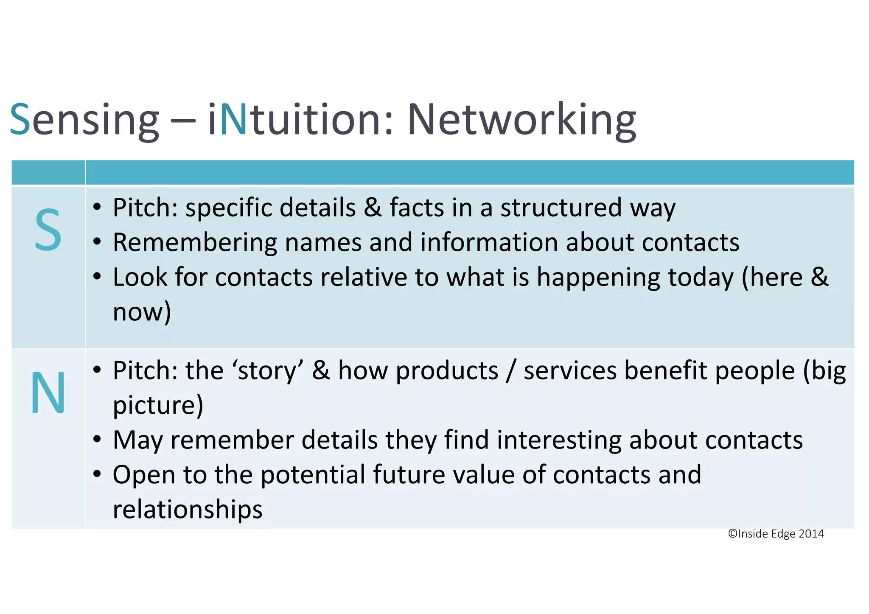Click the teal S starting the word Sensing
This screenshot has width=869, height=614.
(20, 120)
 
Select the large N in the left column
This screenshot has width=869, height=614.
(48, 393)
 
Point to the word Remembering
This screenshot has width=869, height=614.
(195, 243)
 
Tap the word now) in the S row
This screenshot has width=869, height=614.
(142, 312)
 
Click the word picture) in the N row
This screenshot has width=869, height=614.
(158, 405)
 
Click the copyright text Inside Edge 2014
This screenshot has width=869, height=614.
(776, 534)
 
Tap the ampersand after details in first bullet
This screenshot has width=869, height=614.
(373, 208)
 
